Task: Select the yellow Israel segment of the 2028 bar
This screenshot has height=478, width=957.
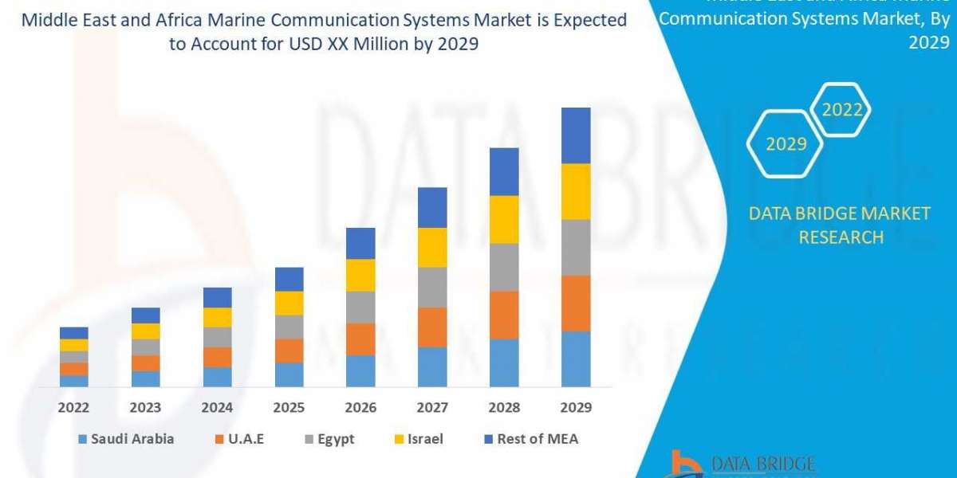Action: pyautogui.click(x=504, y=219)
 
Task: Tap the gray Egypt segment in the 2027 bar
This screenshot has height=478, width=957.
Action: pyautogui.click(x=432, y=287)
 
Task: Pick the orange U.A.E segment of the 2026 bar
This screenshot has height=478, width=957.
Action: pyautogui.click(x=360, y=339)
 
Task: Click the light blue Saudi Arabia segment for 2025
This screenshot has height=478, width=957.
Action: pyautogui.click(x=289, y=374)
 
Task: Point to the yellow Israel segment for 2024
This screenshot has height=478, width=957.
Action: pyautogui.click(x=217, y=317)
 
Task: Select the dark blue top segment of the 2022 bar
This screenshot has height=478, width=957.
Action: pyautogui.click(x=74, y=333)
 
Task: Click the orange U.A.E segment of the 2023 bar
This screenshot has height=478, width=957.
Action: pyautogui.click(x=145, y=363)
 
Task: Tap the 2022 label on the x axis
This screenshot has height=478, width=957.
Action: pyautogui.click(x=74, y=407)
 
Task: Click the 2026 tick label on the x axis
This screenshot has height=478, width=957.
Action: pyautogui.click(x=360, y=407)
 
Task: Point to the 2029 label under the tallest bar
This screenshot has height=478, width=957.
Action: pyautogui.click(x=576, y=407)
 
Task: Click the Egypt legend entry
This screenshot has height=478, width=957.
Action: pyautogui.click(x=330, y=439)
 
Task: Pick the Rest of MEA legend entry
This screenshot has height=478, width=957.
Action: pyautogui.click(x=530, y=439)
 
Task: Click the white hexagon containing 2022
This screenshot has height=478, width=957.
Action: pyautogui.click(x=842, y=110)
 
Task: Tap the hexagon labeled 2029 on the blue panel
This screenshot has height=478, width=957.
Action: pyautogui.click(x=786, y=144)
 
